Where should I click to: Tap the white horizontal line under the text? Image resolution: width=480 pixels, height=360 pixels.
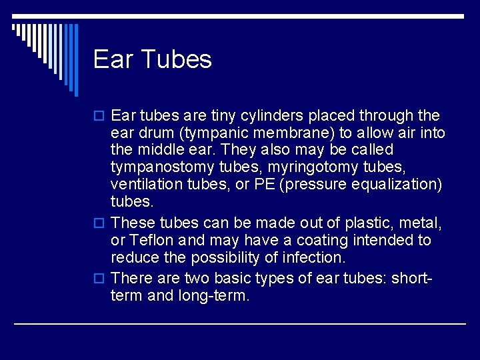point(239,324)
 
